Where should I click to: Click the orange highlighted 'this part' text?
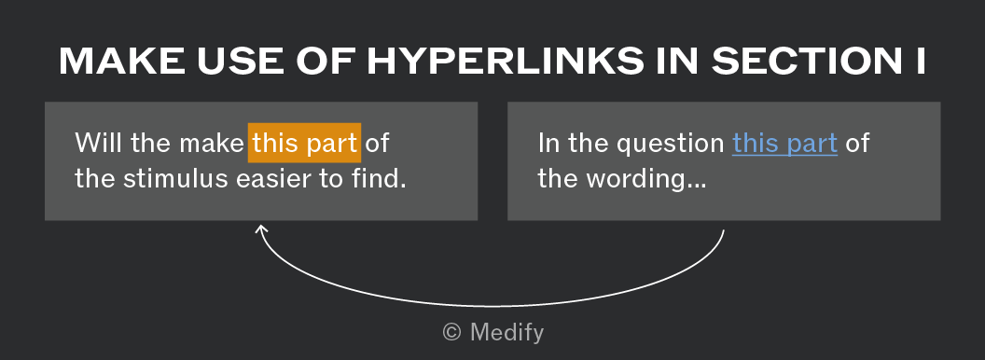click(x=304, y=144)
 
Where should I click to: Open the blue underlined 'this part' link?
click(x=784, y=144)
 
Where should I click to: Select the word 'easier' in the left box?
click(x=273, y=180)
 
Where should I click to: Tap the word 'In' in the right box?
click(x=548, y=144)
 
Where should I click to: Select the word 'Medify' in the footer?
click(x=506, y=332)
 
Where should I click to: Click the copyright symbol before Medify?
click(x=452, y=332)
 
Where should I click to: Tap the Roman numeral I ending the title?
click(x=921, y=62)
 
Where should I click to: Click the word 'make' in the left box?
click(x=212, y=144)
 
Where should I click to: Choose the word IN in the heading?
click(x=678, y=62)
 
